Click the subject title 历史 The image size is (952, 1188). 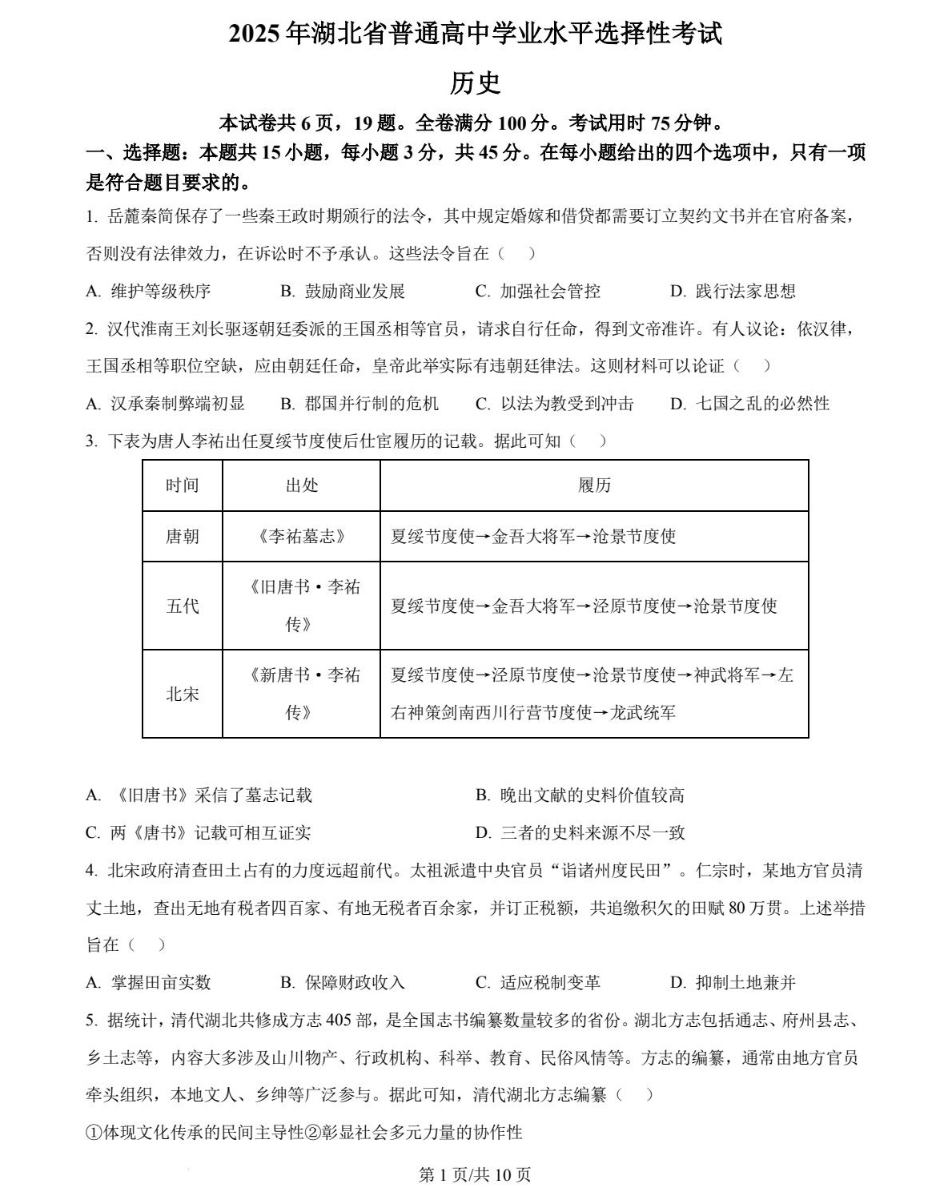tap(475, 83)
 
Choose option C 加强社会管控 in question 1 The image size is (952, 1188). tap(537, 292)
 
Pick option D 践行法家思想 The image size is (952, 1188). tap(733, 292)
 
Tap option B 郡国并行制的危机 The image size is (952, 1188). tap(360, 404)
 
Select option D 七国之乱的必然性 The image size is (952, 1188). tap(749, 404)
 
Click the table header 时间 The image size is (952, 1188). tap(182, 485)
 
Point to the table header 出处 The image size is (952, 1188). tap(301, 485)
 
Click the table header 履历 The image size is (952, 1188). tap(594, 485)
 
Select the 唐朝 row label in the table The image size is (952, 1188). tap(182, 537)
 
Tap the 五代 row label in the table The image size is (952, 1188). tap(182, 606)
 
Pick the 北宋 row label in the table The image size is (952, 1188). tap(182, 694)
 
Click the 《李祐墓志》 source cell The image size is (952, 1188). tap(301, 537)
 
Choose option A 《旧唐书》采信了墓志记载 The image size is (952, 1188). tap(199, 795)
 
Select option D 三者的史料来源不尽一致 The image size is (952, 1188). tap(580, 833)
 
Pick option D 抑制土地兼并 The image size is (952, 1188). tap(733, 983)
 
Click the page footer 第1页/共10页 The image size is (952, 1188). tap(475, 1174)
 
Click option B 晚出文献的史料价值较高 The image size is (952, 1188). tap(580, 795)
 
